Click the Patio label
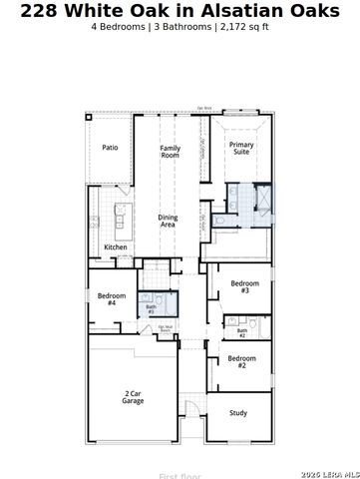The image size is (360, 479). click(x=110, y=148)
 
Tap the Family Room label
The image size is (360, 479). click(x=171, y=152)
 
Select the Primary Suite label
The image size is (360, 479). click(x=240, y=148)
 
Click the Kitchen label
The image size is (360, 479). click(x=116, y=246)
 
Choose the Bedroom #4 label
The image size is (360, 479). click(x=112, y=298)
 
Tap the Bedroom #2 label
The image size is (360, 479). click(x=241, y=361)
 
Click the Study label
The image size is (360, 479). click(x=238, y=412)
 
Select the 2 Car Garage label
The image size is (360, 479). click(x=133, y=397)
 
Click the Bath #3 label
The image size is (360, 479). click(x=151, y=309)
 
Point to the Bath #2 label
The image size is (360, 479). click(x=242, y=332)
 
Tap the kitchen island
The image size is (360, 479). click(x=120, y=214)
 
